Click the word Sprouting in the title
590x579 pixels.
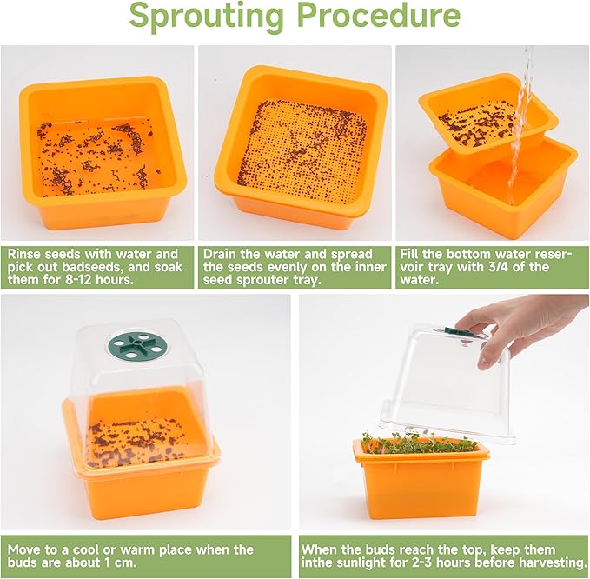click(206, 16)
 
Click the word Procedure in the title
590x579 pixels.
click(381, 14)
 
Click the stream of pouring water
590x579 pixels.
click(520, 124)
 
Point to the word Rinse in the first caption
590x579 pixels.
click(24, 254)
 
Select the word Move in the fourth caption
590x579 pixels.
click(23, 549)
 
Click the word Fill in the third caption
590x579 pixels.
click(408, 254)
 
